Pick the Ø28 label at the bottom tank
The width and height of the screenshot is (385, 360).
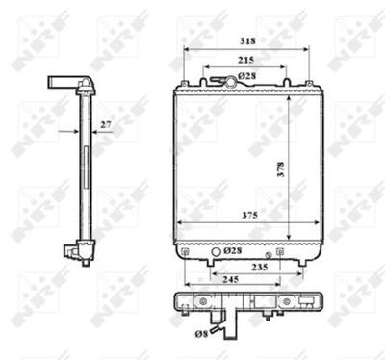[232, 251]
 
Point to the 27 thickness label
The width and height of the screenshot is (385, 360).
[106, 123]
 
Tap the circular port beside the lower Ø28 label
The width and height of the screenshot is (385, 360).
[215, 257]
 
